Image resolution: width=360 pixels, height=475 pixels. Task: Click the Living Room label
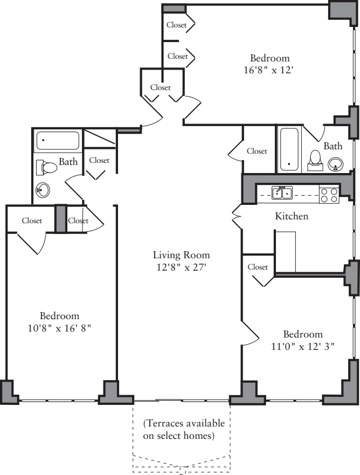[181, 255]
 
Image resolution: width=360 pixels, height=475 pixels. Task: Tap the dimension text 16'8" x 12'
[269, 70]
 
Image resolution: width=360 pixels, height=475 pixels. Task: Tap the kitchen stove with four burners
[329, 195]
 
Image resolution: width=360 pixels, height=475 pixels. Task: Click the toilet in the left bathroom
[47, 168]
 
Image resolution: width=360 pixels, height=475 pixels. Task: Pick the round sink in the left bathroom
[43, 190]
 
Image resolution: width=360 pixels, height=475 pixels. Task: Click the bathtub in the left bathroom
[57, 141]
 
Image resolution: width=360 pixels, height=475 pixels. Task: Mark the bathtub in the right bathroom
[289, 149]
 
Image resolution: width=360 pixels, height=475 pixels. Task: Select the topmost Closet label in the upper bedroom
[177, 25]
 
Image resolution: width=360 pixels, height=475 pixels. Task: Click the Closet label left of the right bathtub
[257, 152]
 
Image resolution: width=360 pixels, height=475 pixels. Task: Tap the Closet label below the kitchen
[258, 267]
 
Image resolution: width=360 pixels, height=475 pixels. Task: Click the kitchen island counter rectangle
[286, 251]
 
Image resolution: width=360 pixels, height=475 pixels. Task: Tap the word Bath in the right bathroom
[333, 146]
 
